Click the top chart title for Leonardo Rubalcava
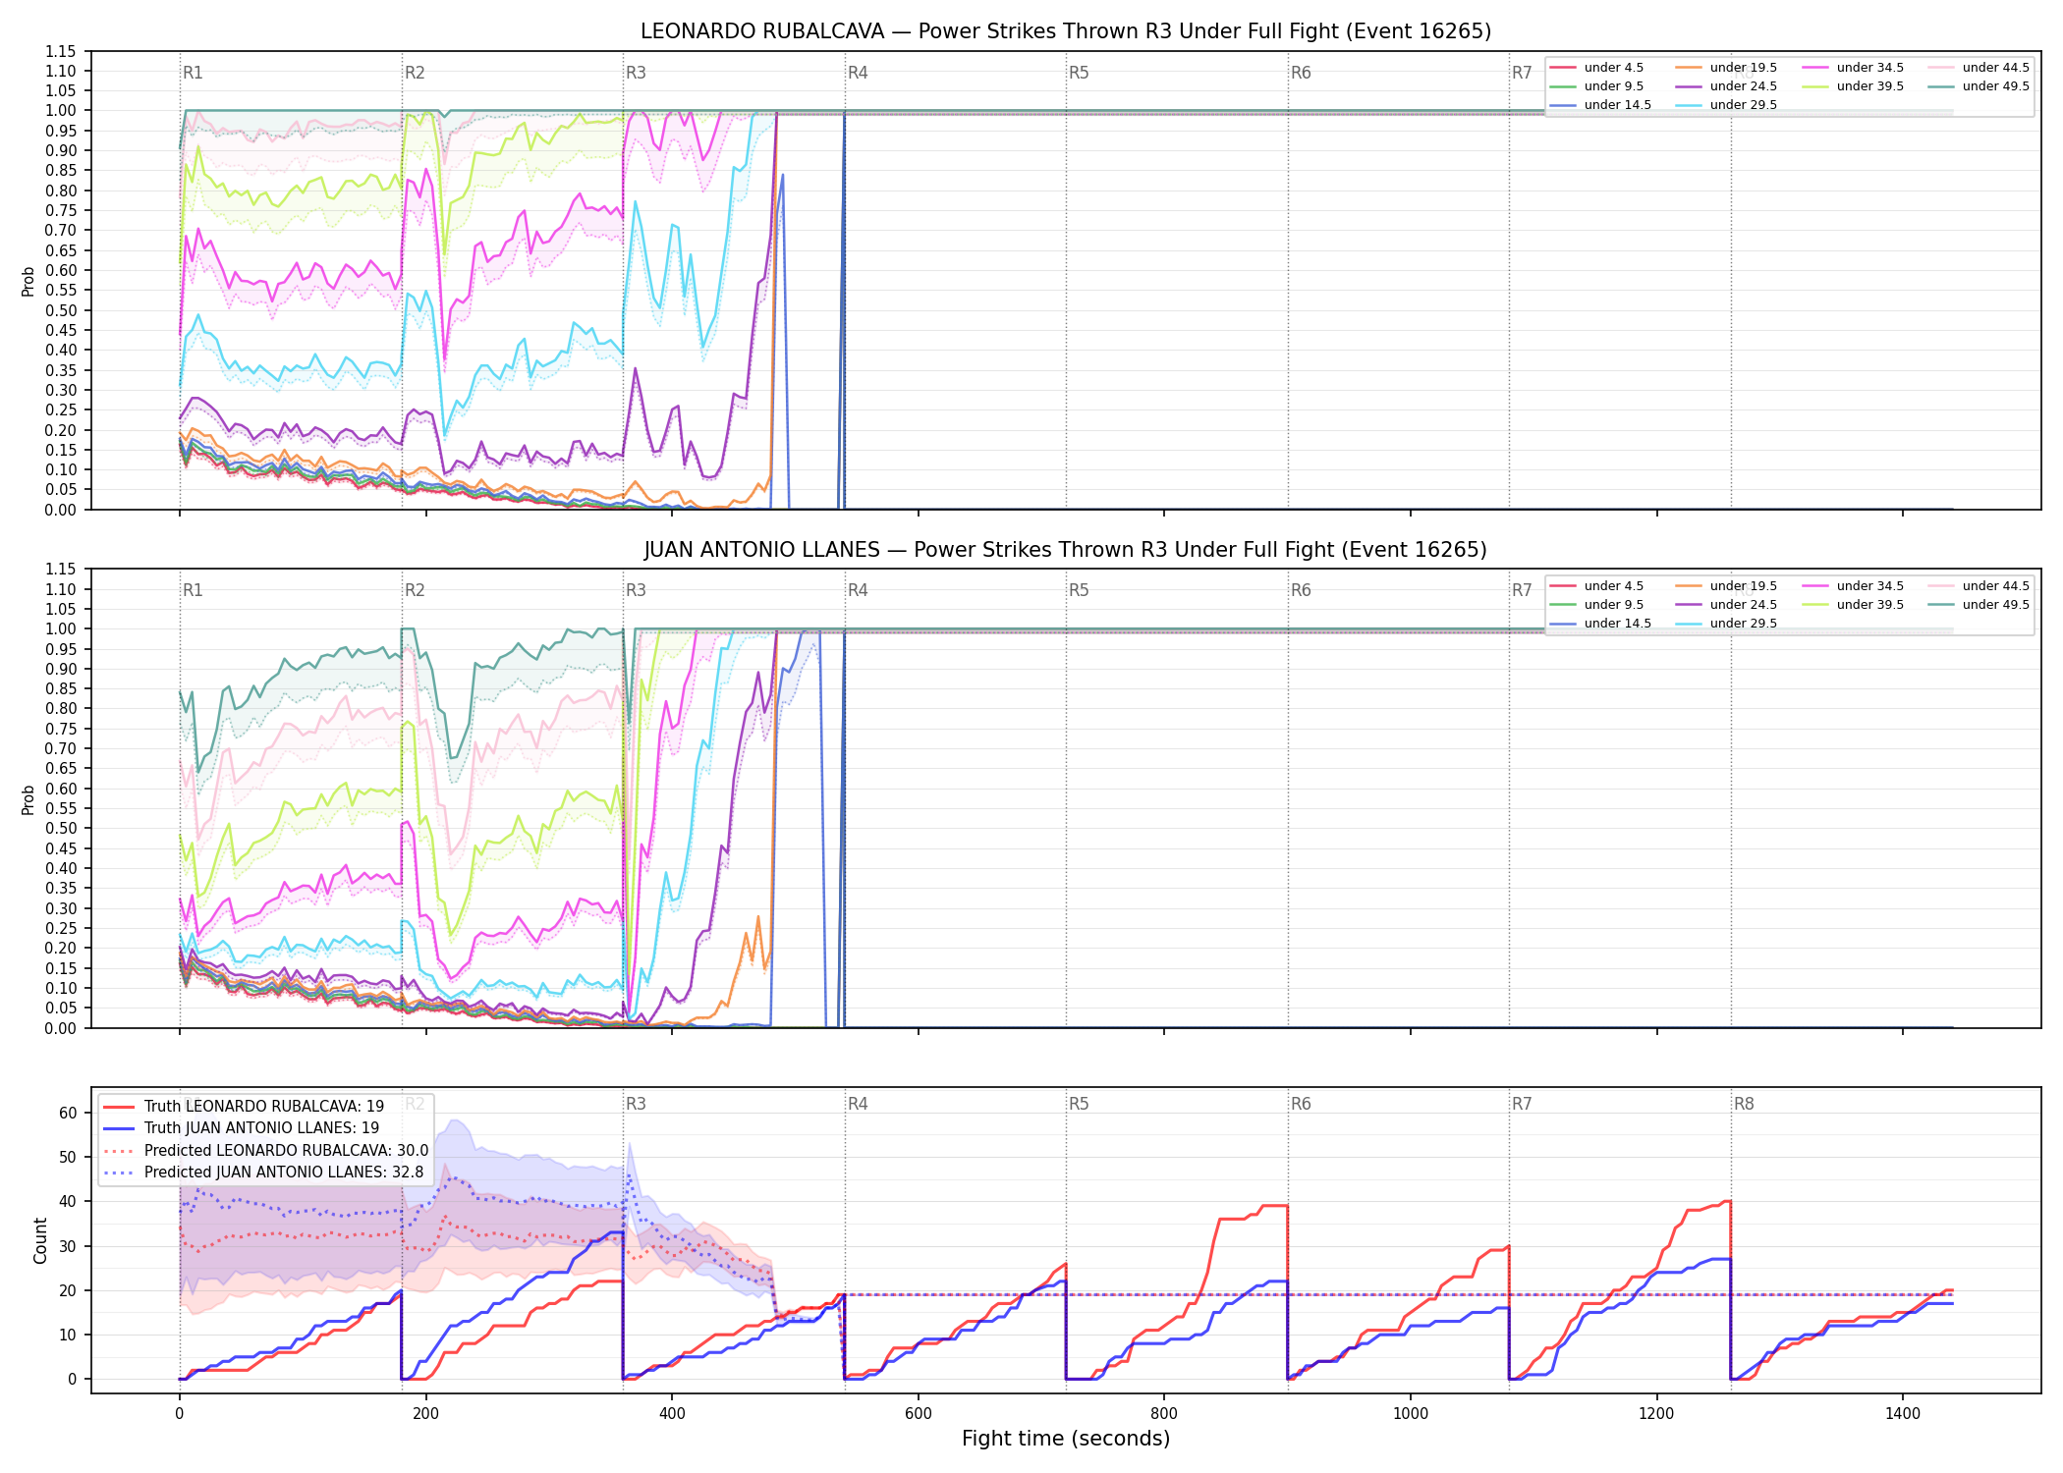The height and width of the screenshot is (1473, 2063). pos(1066,31)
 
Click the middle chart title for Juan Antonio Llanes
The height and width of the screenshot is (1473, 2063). pos(1066,550)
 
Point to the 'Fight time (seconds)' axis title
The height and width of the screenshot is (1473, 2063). pos(1066,1439)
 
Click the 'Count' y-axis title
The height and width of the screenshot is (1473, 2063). pos(40,1240)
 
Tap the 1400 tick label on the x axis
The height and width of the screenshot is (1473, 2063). pos(1903,1413)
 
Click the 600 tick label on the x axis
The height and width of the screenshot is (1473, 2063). pos(919,1413)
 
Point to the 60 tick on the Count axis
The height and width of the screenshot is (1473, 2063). pos(68,1113)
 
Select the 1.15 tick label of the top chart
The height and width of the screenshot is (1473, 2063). pos(61,51)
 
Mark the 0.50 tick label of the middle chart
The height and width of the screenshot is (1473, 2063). pos(61,828)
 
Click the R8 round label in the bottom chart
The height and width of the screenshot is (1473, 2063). pos(1744,1104)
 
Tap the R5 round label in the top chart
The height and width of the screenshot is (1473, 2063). pos(1079,73)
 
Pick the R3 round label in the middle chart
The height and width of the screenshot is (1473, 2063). pos(636,590)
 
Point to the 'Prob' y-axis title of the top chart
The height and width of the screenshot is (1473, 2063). pos(28,282)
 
